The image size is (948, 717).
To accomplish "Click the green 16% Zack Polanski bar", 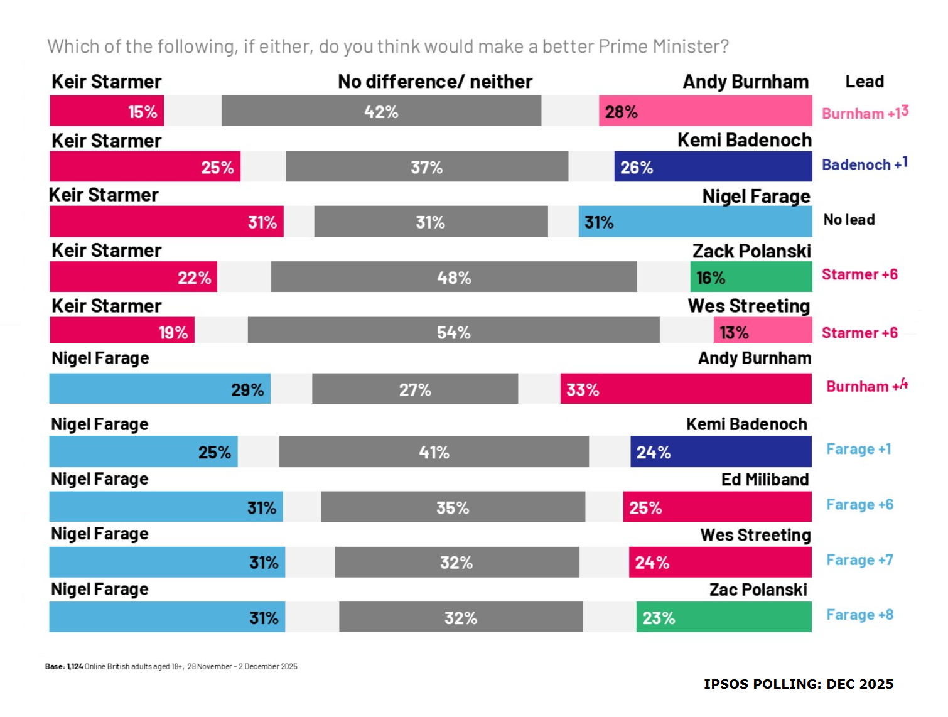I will (751, 277).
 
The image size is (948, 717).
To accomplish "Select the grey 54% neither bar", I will (453, 330).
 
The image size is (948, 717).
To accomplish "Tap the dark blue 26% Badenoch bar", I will (713, 167).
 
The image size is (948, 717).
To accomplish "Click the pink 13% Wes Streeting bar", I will (762, 330).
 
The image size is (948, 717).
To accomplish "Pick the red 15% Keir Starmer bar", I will (107, 111).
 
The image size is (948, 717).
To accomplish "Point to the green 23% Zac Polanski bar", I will (723, 617).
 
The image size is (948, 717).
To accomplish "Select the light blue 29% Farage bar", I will (159, 389).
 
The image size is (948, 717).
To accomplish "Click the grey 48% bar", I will (453, 277).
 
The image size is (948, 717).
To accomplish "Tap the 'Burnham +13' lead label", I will (865, 113).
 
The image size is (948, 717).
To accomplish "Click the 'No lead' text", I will (849, 220).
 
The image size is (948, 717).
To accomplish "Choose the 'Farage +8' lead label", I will (859, 615).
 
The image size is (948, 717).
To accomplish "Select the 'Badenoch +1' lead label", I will (865, 164).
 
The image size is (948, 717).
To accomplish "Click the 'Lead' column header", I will (864, 82).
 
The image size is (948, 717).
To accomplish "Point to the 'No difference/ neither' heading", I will (434, 82).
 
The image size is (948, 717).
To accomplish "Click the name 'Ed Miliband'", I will (765, 480).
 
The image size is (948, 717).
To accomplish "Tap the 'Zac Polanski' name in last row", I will (758, 590).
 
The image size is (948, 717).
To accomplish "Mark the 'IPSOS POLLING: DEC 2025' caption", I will (798, 684).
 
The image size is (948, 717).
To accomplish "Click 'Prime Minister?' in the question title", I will (664, 46).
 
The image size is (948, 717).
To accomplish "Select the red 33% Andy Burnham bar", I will (686, 389).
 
